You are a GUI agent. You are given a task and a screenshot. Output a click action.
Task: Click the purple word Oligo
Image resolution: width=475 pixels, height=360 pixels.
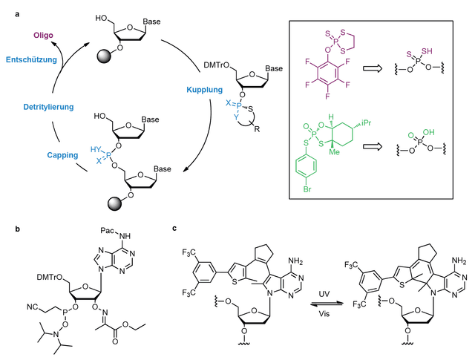point(43,36)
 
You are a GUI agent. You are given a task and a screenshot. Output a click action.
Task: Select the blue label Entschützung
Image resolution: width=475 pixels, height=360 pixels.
point(31,59)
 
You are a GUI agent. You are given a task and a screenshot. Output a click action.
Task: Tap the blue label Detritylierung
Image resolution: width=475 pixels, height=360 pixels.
point(48,107)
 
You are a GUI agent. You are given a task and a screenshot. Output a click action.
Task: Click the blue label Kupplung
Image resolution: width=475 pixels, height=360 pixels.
point(205,90)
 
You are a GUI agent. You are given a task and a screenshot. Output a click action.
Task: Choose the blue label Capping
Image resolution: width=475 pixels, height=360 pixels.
point(62,155)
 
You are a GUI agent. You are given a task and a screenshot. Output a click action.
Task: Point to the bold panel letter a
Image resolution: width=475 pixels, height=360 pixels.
point(17,14)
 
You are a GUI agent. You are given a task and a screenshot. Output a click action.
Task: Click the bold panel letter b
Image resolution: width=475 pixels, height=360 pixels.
point(18,229)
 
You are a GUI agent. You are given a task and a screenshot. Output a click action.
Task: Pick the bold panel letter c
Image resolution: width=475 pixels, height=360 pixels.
point(174,229)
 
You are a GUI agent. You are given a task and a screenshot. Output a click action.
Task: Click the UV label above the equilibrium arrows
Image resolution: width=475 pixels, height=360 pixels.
point(324,294)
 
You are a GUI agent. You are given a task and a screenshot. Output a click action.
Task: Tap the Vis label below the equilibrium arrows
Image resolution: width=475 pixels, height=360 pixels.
point(324,314)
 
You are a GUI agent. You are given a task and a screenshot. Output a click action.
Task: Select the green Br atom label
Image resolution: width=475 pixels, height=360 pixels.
point(307,190)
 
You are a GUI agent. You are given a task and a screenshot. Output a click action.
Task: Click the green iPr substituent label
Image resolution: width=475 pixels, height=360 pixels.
point(366,123)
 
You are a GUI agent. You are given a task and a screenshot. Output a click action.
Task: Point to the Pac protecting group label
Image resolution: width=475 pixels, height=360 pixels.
point(108,231)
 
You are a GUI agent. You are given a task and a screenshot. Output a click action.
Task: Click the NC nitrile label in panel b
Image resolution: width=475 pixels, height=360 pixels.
point(33,307)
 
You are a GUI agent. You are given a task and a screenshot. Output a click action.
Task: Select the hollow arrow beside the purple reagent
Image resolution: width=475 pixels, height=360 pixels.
point(373,69)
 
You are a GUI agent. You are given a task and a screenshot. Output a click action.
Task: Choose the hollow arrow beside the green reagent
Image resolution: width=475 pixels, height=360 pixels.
point(373,147)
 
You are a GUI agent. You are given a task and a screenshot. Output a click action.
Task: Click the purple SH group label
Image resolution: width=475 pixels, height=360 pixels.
point(427,51)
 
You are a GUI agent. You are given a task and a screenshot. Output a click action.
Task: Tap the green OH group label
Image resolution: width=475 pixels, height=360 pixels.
point(429,132)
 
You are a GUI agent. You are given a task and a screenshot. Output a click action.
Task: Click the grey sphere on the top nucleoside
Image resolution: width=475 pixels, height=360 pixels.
point(105,56)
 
